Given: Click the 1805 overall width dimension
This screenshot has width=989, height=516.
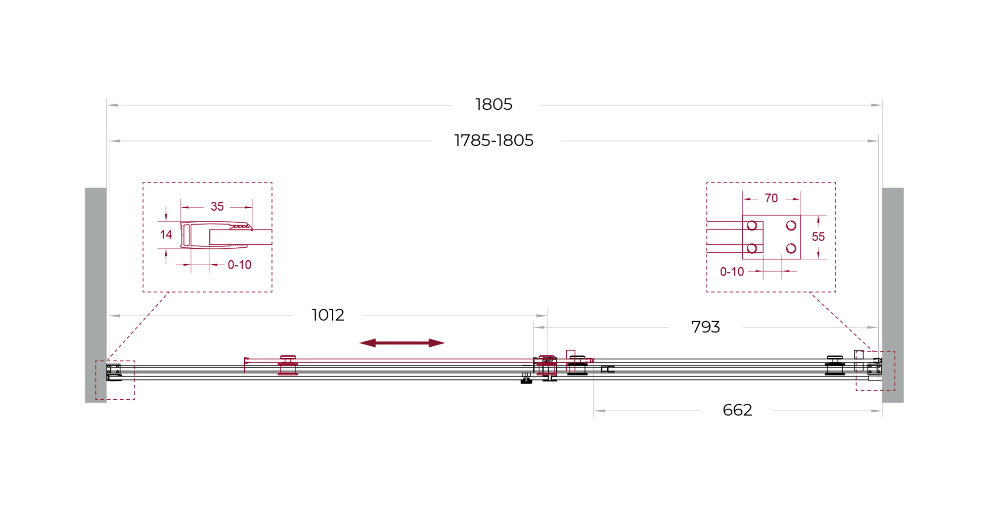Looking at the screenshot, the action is (x=494, y=104).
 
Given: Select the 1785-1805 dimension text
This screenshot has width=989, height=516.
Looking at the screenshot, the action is (x=494, y=141).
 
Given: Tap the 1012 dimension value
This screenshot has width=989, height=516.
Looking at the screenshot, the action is (x=327, y=315).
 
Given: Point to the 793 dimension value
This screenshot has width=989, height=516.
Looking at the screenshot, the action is (x=705, y=327).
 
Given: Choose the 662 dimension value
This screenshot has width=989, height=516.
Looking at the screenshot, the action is (x=737, y=410).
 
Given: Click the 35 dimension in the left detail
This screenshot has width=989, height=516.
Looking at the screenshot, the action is (x=217, y=207).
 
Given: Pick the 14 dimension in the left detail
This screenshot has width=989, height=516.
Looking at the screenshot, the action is (x=166, y=235).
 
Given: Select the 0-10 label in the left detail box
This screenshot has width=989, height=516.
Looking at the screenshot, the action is (x=239, y=265).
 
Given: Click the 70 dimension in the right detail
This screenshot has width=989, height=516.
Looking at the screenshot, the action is (x=771, y=198).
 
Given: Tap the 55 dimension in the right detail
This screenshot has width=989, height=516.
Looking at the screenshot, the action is (x=818, y=237).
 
